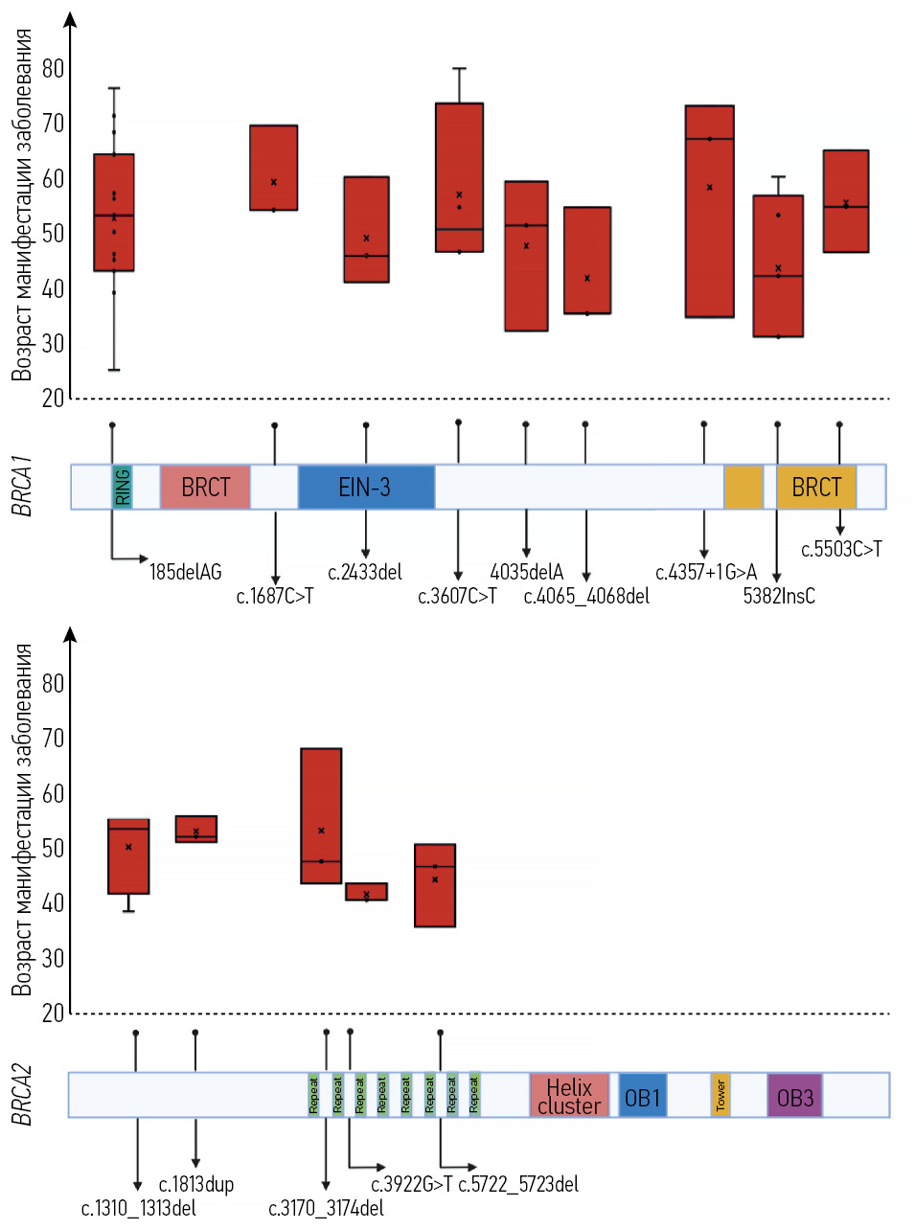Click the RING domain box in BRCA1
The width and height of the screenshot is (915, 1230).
click(x=122, y=487)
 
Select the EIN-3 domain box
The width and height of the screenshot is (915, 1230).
click(x=366, y=487)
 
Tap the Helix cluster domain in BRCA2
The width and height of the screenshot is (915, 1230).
click(x=569, y=1096)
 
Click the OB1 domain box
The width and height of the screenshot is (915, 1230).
click(x=642, y=1096)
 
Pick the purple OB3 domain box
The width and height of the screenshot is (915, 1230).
click(x=795, y=1096)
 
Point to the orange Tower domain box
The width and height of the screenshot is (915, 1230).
click(x=721, y=1096)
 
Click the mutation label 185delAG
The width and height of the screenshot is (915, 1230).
click(x=185, y=572)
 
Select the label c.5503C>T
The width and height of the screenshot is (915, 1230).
click(x=841, y=549)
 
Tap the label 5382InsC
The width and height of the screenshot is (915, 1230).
click(x=779, y=596)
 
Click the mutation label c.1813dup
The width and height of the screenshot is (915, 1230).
click(x=196, y=1184)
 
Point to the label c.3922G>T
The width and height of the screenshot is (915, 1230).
click(x=412, y=1184)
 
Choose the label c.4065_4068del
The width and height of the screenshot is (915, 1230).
click(x=586, y=596)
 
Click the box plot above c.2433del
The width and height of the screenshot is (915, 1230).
click(x=366, y=230)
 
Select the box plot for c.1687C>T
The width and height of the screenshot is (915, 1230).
click(x=273, y=168)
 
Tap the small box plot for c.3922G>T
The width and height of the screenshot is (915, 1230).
click(x=366, y=892)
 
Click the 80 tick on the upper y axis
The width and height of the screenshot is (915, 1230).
click(x=53, y=69)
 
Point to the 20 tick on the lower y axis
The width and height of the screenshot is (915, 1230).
click(x=53, y=1013)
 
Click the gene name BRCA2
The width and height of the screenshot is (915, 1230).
click(x=22, y=1095)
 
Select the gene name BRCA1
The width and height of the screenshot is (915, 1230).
click(x=22, y=487)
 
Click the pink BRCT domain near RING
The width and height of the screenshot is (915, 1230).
click(x=205, y=487)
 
